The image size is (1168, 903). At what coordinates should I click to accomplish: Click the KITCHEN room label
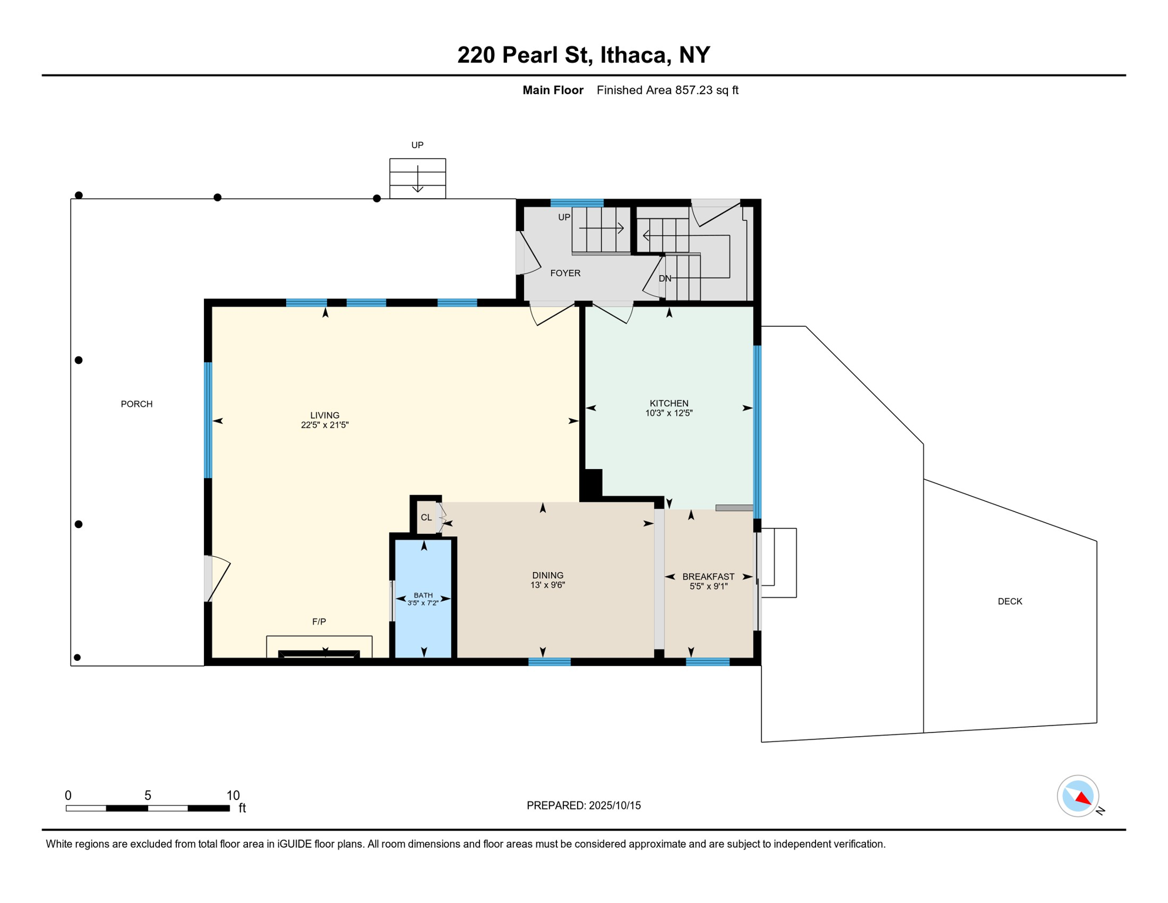pos(669,403)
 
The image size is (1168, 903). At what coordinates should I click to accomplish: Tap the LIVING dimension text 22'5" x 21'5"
pos(325,425)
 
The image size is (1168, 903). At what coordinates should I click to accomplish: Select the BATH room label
pos(423,595)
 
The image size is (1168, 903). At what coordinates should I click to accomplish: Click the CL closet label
pos(426,517)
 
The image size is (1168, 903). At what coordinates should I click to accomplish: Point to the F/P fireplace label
pos(319,621)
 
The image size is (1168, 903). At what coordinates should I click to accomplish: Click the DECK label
pos(1009,601)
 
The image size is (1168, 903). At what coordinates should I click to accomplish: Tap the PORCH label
pos(136,404)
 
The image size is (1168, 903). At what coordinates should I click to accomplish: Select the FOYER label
pos(565,273)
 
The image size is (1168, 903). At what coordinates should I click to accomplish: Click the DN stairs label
pos(664,279)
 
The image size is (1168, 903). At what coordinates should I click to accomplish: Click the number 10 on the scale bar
pos(233,795)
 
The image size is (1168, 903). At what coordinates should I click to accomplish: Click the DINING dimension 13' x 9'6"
pos(548,585)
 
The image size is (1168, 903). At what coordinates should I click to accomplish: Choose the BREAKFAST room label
pos(708,577)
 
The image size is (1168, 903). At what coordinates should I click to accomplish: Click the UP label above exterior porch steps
pos(417,145)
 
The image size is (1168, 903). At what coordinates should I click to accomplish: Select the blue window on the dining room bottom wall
pos(549,662)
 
